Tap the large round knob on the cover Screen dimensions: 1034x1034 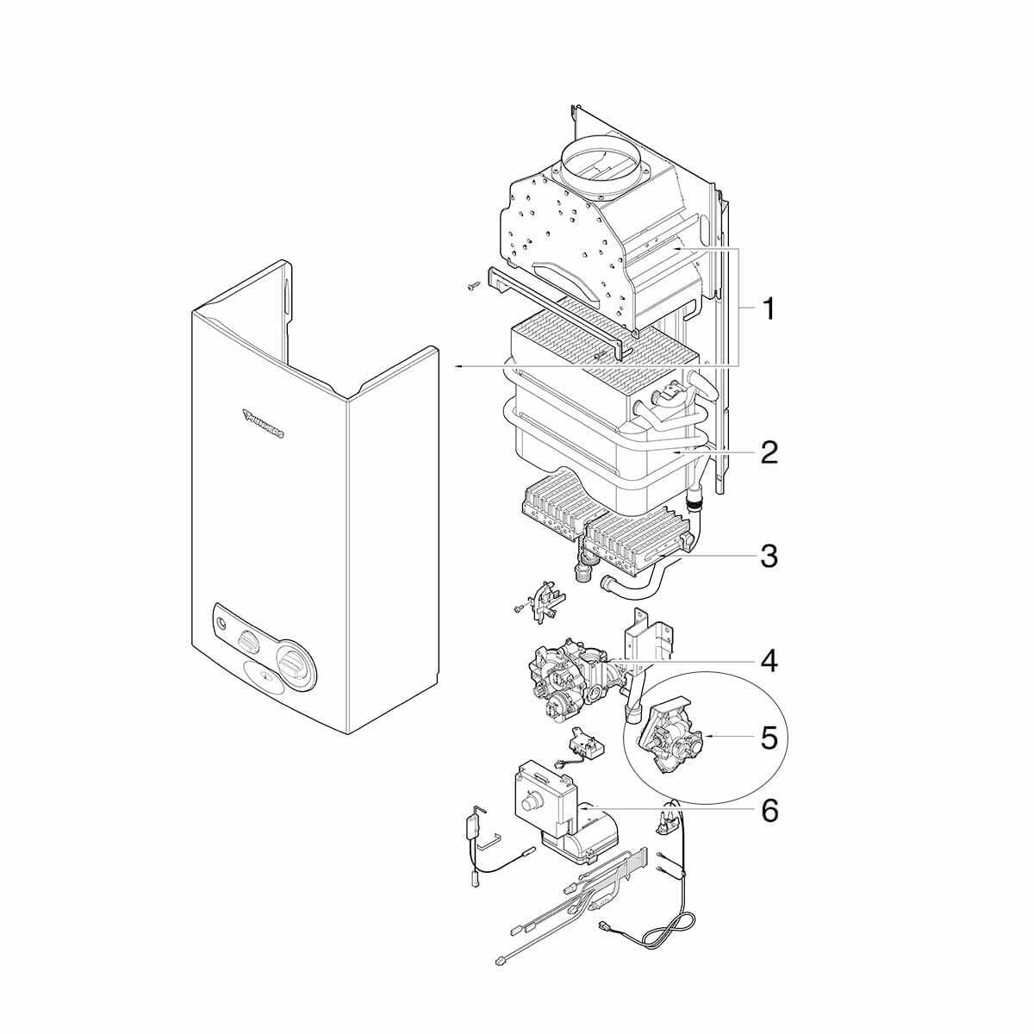click(x=293, y=664)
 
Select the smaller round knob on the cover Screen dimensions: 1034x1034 click(x=248, y=641)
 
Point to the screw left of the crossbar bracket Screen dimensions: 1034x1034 click(x=471, y=286)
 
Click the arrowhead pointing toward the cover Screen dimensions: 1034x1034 click(x=459, y=367)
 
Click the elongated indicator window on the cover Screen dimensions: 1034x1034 click(x=267, y=688)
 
